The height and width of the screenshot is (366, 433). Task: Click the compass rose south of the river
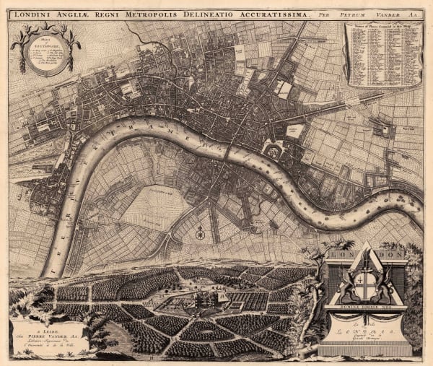[200, 233]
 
